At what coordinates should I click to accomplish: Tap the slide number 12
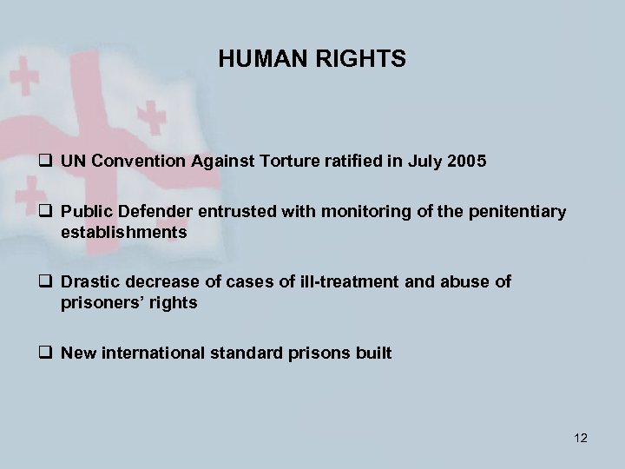click(581, 438)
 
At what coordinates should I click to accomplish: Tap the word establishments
click(124, 232)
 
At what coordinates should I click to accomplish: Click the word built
click(373, 353)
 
